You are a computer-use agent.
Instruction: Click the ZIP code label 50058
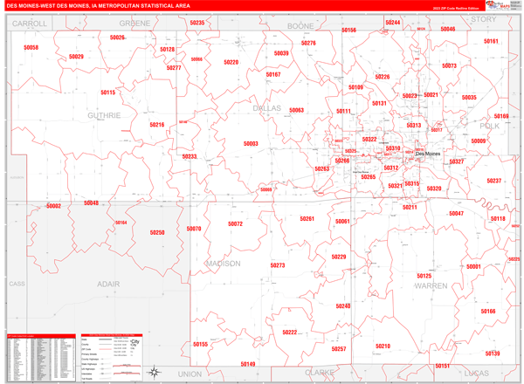point(31,48)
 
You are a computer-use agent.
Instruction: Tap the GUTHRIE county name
point(104,115)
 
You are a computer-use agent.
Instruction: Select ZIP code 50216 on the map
point(156,125)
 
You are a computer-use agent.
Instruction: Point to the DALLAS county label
point(267,109)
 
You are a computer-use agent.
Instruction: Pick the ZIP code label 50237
point(494,181)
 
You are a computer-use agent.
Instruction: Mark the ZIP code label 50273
point(278,265)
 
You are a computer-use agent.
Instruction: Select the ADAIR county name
point(108,284)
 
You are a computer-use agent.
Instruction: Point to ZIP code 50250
point(157,233)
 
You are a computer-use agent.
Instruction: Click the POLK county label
point(490,127)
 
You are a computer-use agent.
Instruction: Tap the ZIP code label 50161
point(491,41)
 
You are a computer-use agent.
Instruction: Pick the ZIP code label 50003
point(251,144)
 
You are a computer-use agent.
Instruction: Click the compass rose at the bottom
point(155,370)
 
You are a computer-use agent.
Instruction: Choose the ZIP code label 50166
point(487,312)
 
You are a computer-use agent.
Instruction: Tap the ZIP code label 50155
point(200,345)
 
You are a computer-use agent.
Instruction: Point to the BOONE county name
point(300,26)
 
